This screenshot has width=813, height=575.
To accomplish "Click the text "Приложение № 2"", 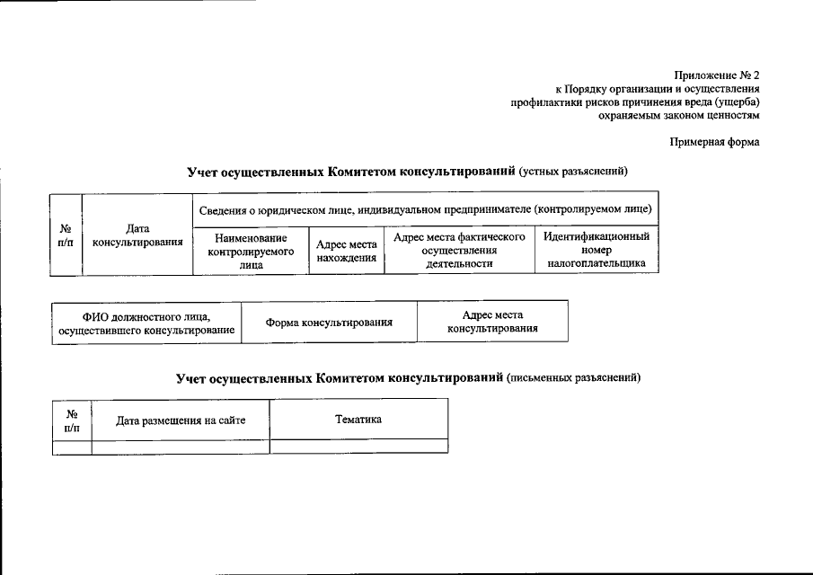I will point(717,75).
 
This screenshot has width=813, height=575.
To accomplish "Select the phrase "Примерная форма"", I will point(715,142).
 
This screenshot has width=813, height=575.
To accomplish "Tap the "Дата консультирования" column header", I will point(137,234).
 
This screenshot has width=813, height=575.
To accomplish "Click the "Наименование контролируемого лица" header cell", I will point(251,251).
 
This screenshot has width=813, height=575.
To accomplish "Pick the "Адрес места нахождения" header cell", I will point(346,251).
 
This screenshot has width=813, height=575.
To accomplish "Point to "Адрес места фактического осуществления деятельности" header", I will point(459,251).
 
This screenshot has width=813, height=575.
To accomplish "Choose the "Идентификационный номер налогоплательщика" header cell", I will point(596,251).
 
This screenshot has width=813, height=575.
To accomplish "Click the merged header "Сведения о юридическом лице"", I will point(425,209).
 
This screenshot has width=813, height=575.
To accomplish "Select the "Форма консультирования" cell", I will point(329,322).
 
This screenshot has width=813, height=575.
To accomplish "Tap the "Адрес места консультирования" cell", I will point(492,322).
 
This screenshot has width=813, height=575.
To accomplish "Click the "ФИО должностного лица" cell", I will point(146,323).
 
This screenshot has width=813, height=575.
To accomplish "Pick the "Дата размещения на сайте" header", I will point(181,420).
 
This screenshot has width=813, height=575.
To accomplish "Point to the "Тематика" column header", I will point(358,419).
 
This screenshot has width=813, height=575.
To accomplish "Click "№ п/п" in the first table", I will point(66,235).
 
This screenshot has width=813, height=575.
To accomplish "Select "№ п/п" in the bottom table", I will point(72,420).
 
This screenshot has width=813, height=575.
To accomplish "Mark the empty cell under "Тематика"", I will point(358,446).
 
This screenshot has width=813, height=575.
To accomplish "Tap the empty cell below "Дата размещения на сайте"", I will point(181,446).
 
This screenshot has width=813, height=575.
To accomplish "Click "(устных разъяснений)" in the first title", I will point(573,171).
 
